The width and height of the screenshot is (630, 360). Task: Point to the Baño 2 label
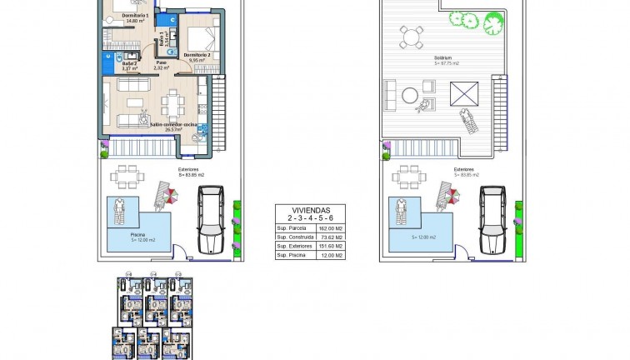pos(128,64)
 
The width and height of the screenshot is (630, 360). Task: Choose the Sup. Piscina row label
pos(292,256)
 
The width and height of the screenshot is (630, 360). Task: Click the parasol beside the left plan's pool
pos(172,197)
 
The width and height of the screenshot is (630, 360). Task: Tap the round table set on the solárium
pos(409,38)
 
